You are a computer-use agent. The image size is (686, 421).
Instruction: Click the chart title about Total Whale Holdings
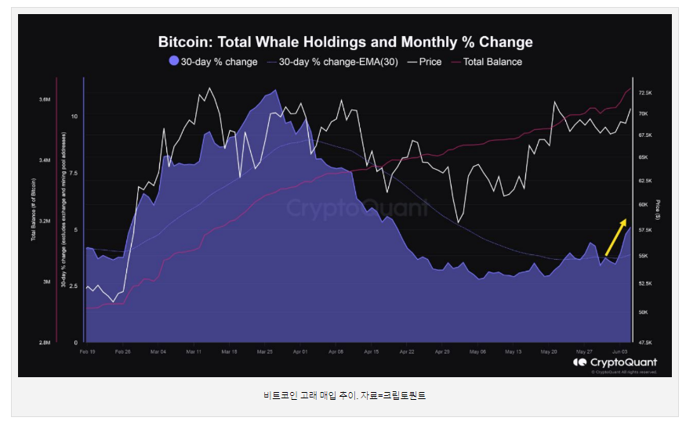pos(345,41)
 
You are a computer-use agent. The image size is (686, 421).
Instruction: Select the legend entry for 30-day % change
pos(213,62)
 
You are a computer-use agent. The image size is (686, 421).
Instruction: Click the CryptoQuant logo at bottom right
pos(615,362)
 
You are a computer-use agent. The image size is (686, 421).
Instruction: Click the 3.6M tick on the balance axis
pos(44,100)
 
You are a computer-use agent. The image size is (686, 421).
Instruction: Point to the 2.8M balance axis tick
pos(44,343)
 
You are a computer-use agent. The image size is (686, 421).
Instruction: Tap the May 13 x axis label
pos(514,351)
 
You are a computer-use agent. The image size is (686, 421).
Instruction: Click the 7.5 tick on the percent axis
pos(74,174)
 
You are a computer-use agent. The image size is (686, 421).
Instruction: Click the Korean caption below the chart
pos(344,396)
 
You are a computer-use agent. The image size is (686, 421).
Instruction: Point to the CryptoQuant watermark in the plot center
pos(357,207)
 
